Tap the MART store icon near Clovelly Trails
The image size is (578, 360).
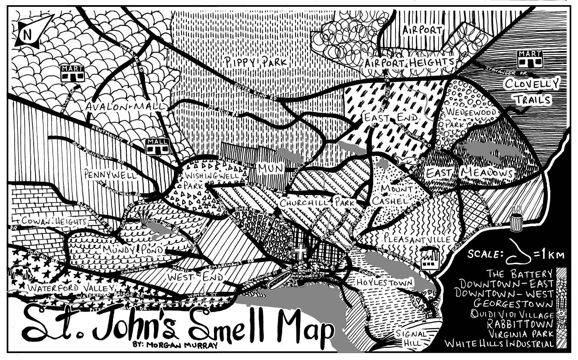[x=530, y=60]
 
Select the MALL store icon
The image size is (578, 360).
[x=157, y=147]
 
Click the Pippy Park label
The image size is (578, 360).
[x=255, y=62]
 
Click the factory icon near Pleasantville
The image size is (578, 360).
[x=429, y=258]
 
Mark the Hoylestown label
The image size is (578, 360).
[x=385, y=282]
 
